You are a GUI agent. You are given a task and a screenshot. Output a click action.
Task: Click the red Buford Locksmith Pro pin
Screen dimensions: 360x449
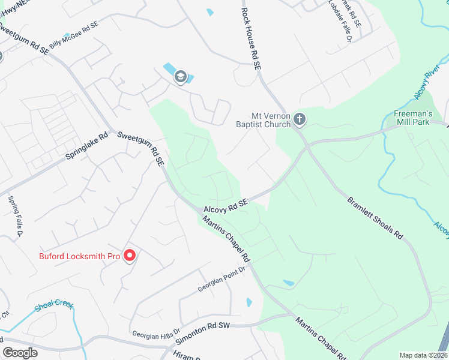pos(130,256)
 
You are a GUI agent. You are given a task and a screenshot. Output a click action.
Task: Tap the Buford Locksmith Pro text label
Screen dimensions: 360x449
pos(80,256)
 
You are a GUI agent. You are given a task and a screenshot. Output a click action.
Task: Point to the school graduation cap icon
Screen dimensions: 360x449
pos(180,77)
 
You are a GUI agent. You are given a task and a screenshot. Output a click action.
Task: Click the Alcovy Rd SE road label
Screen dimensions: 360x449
pos(226,205)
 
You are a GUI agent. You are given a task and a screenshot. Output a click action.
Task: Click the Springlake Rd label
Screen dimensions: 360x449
pos(86,146)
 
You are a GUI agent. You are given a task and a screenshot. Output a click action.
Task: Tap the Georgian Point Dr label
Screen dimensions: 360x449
pos(222,280)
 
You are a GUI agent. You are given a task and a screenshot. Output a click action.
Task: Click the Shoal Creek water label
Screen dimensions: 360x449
pos(54,304)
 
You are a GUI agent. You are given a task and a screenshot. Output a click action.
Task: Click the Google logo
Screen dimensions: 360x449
pos(20,353)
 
